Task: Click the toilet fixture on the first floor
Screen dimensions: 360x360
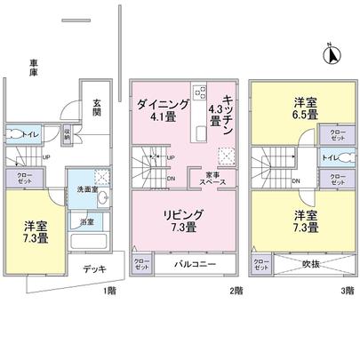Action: point(15,136)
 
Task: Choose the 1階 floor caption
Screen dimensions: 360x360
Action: point(108,291)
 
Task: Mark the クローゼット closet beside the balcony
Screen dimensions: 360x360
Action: point(142,264)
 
